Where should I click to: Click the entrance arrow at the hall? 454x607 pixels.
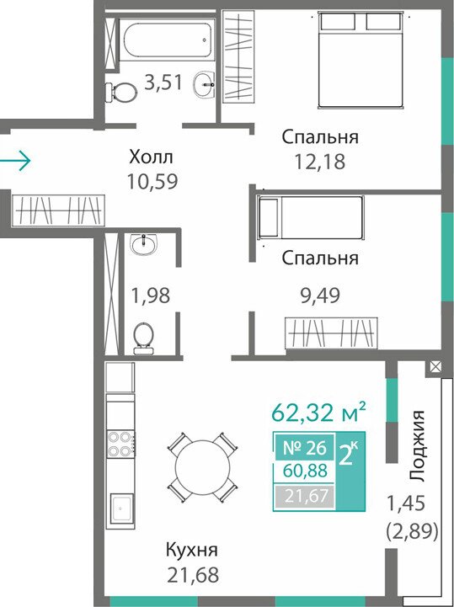point(14,160)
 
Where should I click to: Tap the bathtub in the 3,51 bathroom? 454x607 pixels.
point(167,40)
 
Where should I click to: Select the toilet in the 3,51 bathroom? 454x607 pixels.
point(120,93)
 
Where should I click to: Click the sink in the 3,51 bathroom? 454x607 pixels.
point(204,84)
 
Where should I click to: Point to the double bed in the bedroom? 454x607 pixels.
point(361,59)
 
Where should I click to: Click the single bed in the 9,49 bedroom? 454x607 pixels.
point(310,217)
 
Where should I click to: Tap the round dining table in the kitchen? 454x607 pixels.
point(202,467)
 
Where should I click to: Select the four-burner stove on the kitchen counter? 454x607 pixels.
point(120,444)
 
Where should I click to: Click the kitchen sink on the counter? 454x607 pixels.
point(122,508)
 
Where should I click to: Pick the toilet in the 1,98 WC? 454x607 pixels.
point(143,339)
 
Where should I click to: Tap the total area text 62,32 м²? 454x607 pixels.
point(318,412)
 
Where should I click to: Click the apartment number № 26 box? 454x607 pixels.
point(305,448)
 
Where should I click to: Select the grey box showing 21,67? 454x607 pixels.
point(304,496)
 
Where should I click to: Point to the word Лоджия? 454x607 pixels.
point(418,445)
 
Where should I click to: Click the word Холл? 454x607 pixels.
point(151,158)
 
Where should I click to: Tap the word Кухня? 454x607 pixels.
point(192,550)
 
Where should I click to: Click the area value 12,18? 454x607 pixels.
point(320,162)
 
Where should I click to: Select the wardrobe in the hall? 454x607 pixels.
point(58,210)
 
